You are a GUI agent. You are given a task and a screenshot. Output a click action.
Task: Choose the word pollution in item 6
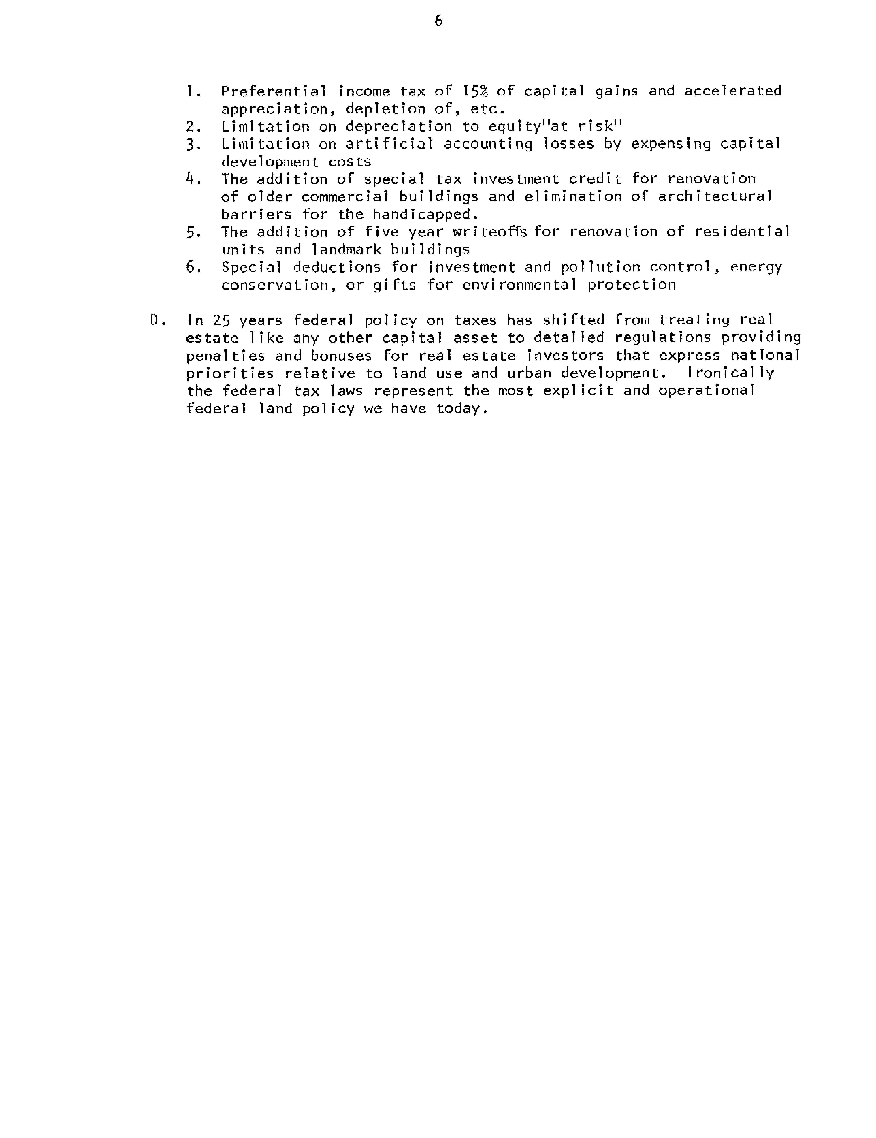point(600,267)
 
